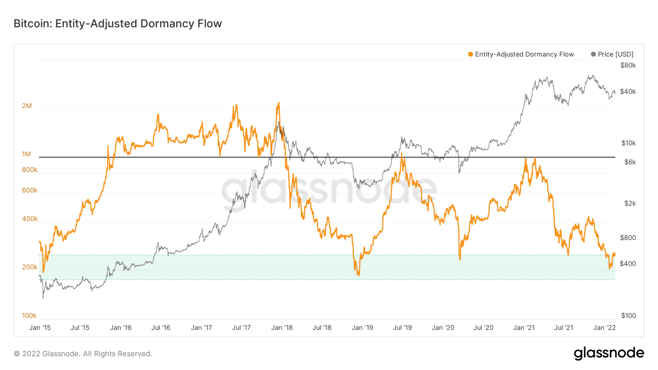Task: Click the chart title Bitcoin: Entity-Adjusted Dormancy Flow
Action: (117, 24)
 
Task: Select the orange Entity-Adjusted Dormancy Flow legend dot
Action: (470, 54)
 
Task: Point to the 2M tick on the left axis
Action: (27, 106)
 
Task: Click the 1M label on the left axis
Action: (27, 154)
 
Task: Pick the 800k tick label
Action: (30, 170)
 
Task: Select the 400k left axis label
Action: (30, 219)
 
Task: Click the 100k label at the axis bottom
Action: (29, 316)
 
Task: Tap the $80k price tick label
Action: (628, 66)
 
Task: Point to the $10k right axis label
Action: (628, 143)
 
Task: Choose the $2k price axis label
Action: (630, 203)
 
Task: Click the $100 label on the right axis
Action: (628, 316)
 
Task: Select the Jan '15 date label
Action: (40, 328)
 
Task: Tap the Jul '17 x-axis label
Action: (242, 328)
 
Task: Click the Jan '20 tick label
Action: (443, 328)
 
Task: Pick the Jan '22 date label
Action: (604, 328)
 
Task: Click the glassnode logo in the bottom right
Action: (609, 353)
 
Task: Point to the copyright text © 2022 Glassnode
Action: (83, 354)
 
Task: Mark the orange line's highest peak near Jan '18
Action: (278, 103)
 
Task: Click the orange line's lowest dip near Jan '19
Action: (359, 275)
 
